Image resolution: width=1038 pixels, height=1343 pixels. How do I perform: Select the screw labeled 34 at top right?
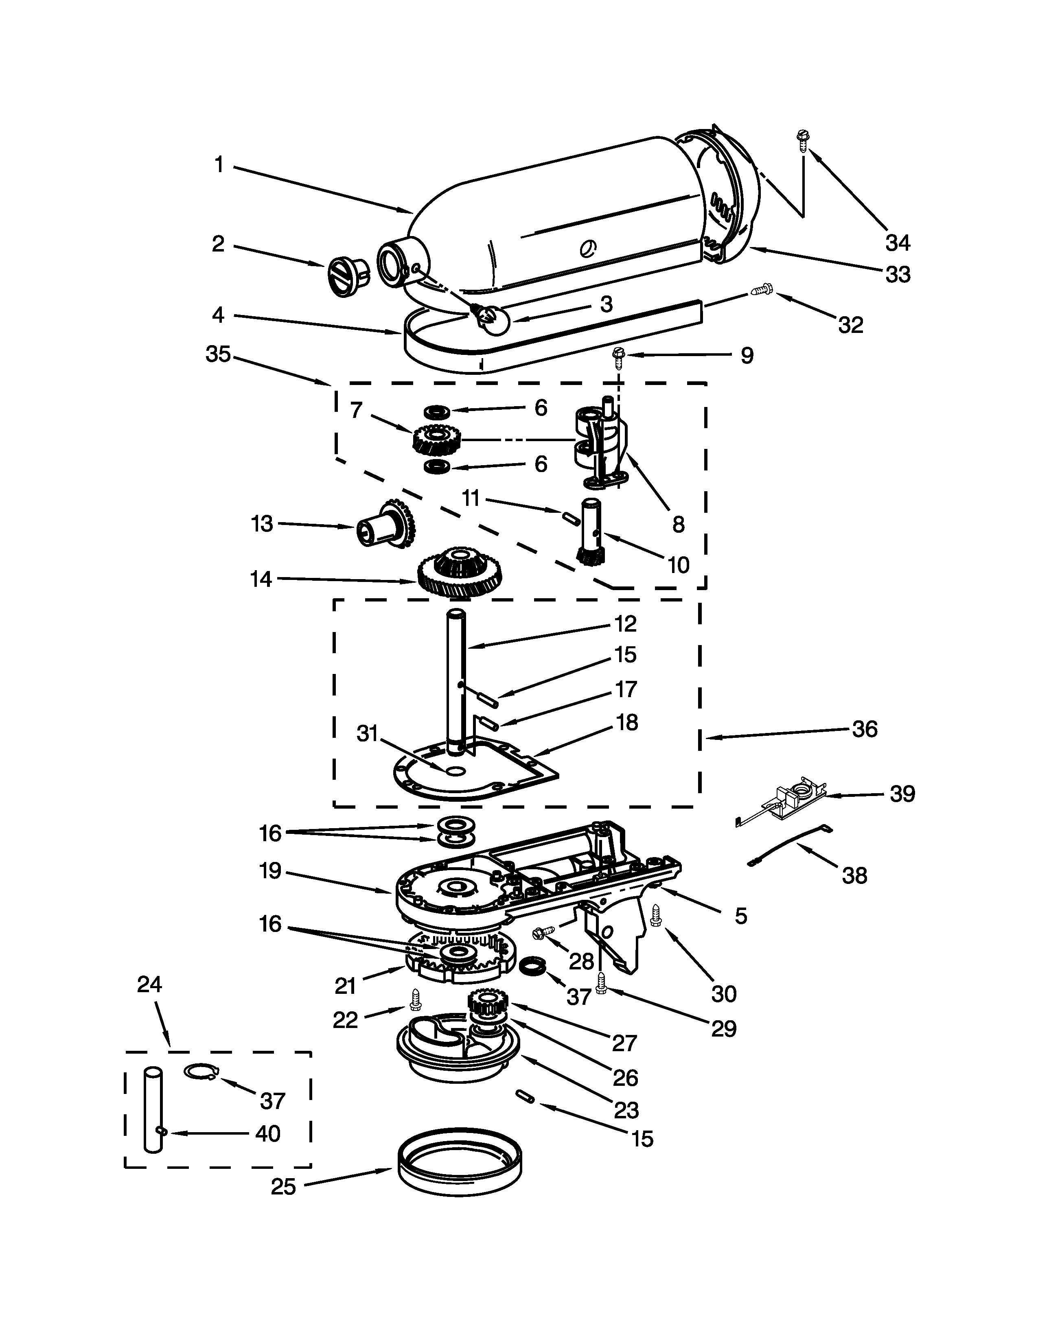tap(802, 141)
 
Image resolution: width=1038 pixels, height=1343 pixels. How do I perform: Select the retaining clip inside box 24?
tap(200, 1072)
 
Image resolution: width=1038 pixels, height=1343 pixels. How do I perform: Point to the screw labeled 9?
tap(619, 355)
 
